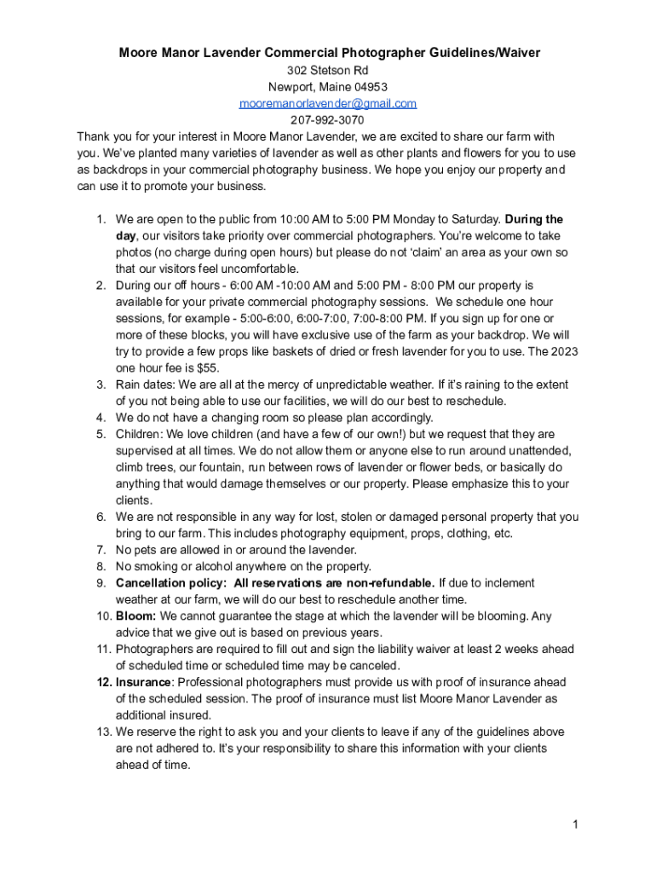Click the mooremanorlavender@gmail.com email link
pos(328,103)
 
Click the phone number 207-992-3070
pos(328,120)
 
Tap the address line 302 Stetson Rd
pos(328,70)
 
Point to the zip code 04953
pos(369,87)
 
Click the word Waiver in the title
pos(516,53)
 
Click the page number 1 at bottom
pos(576,824)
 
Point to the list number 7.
pos(100,550)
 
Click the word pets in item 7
pos(148,550)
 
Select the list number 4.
pos(100,418)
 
